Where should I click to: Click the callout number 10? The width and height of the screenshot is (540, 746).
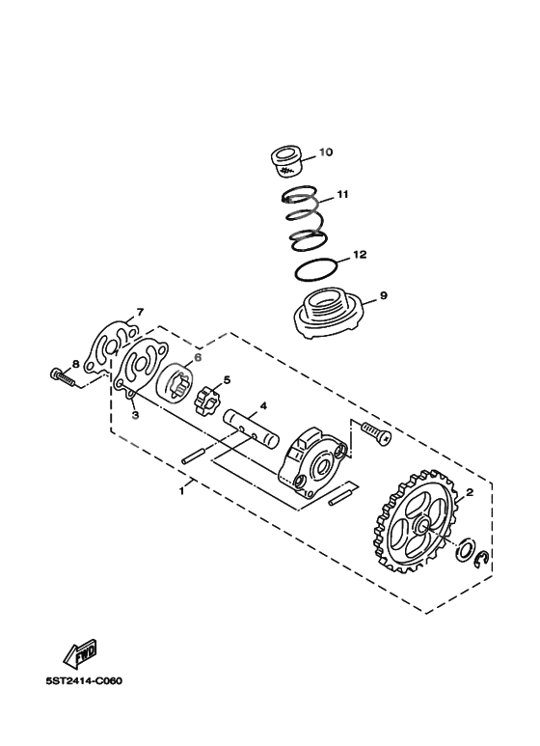click(x=325, y=152)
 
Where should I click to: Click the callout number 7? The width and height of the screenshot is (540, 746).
click(x=140, y=312)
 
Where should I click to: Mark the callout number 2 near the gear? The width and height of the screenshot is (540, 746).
click(x=470, y=493)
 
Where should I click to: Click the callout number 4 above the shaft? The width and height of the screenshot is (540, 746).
click(x=235, y=406)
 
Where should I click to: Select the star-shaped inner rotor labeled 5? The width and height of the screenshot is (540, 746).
click(x=208, y=396)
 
